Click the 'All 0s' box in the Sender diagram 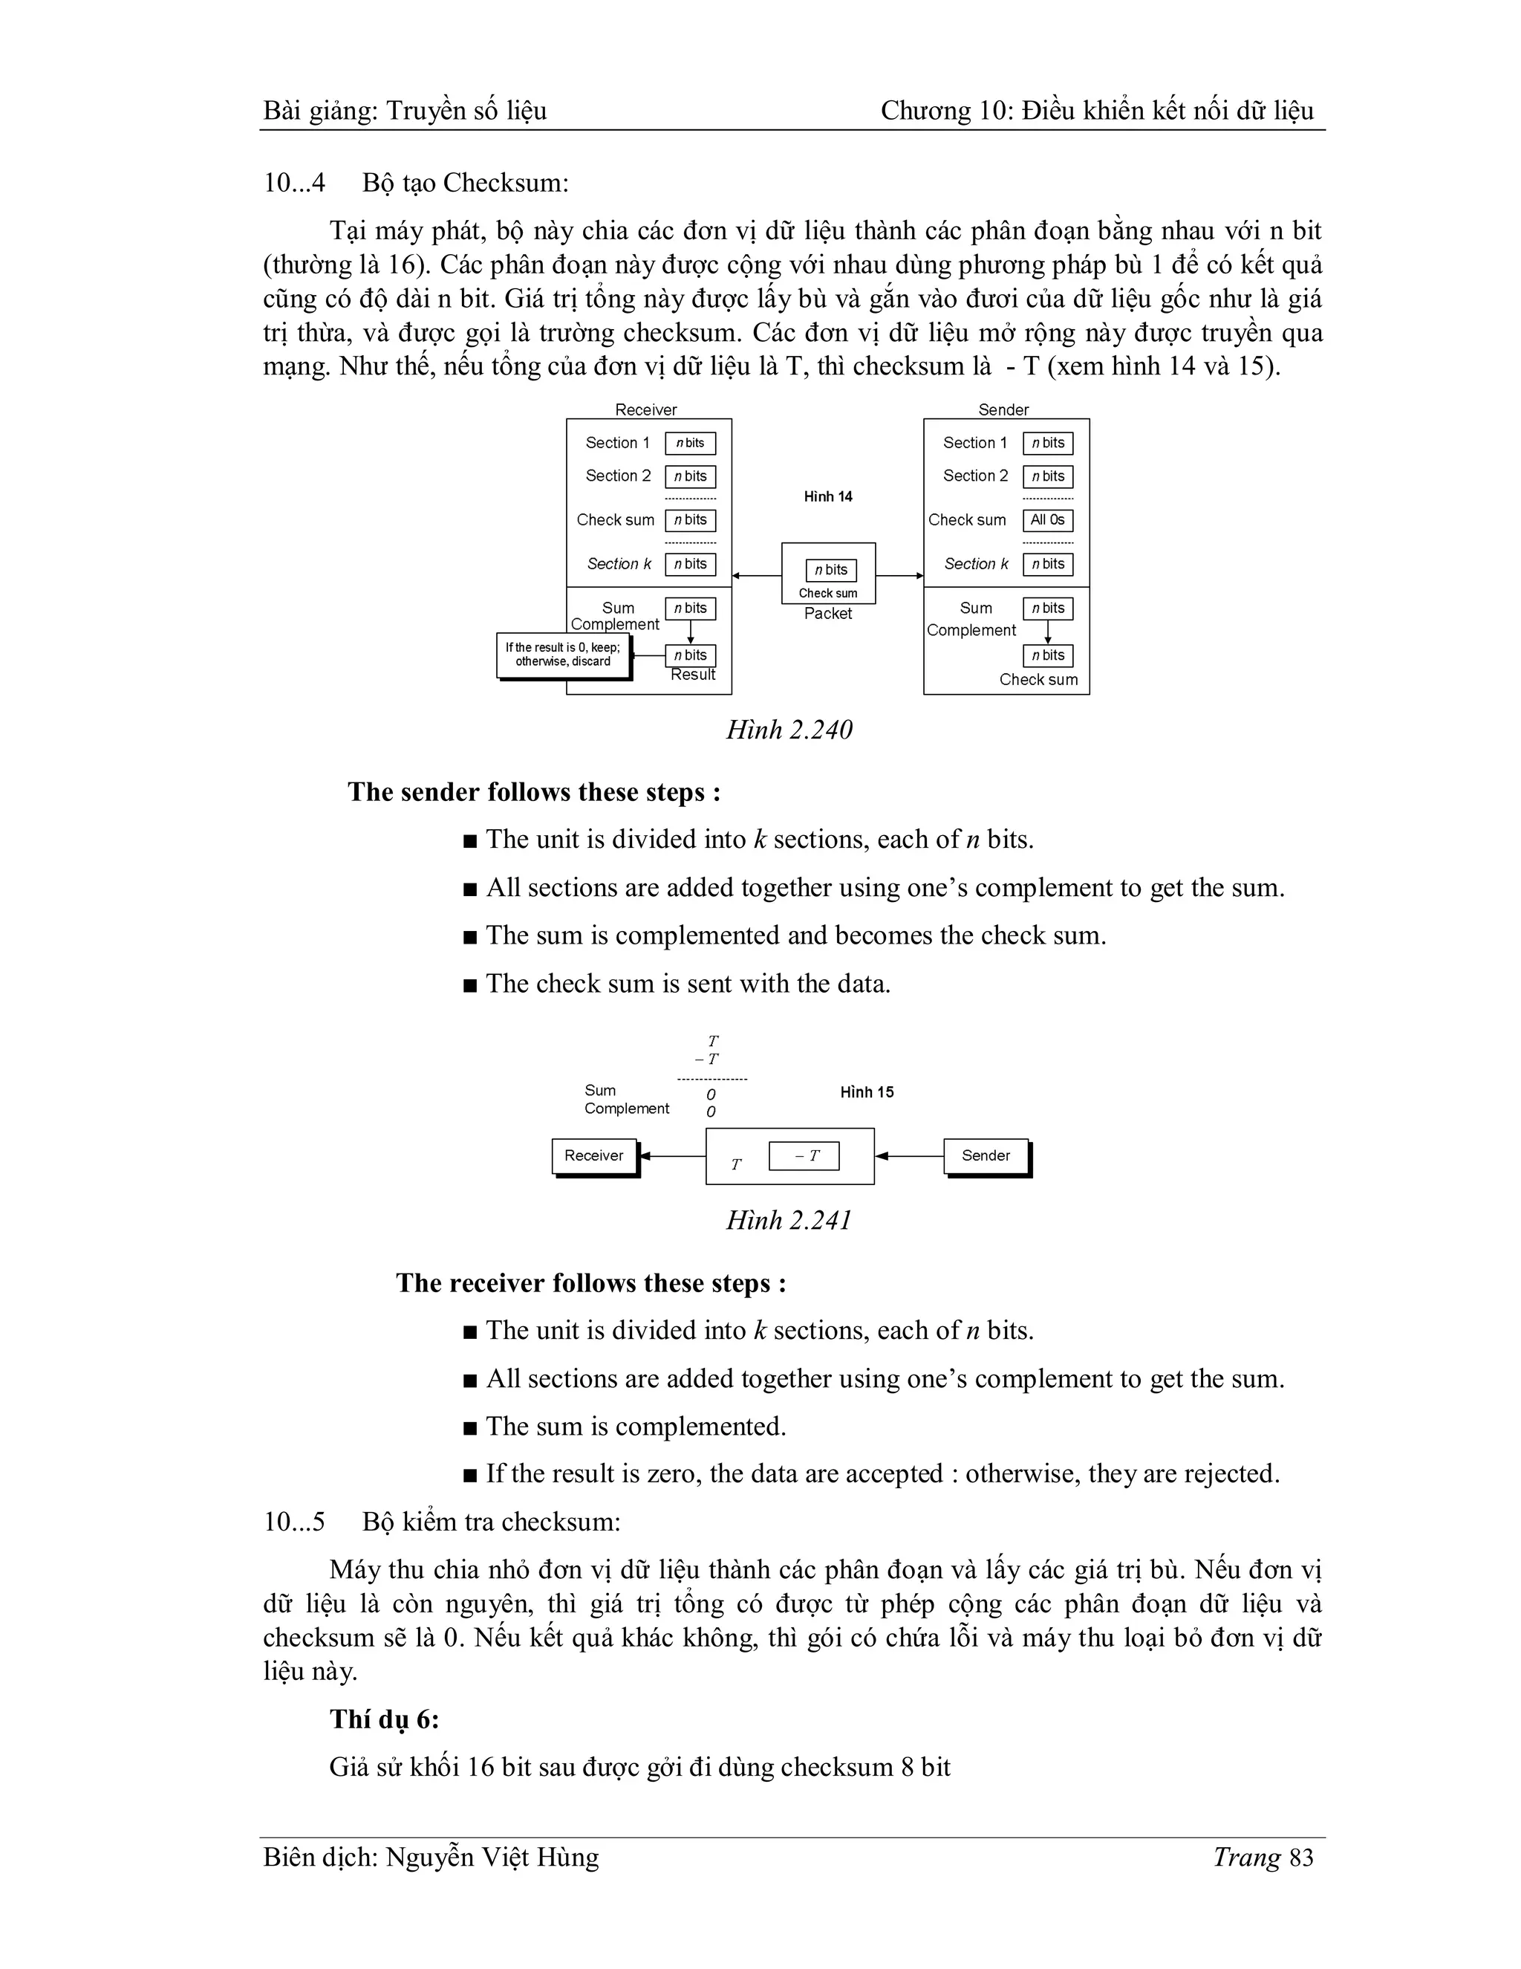click(1047, 520)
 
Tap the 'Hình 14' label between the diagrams click(828, 497)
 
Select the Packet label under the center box click(828, 614)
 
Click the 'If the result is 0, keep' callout click(563, 655)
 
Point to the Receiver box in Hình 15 click(594, 1156)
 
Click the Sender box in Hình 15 click(986, 1156)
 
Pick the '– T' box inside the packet click(804, 1156)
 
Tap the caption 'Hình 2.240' click(789, 730)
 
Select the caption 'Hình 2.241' click(789, 1221)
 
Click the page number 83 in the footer click(1302, 1858)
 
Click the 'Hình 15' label click(867, 1093)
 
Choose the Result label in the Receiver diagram click(693, 675)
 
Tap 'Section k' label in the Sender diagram click(976, 565)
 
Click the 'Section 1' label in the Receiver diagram click(617, 443)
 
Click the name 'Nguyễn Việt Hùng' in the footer click(492, 1858)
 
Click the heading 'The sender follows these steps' click(533, 793)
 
